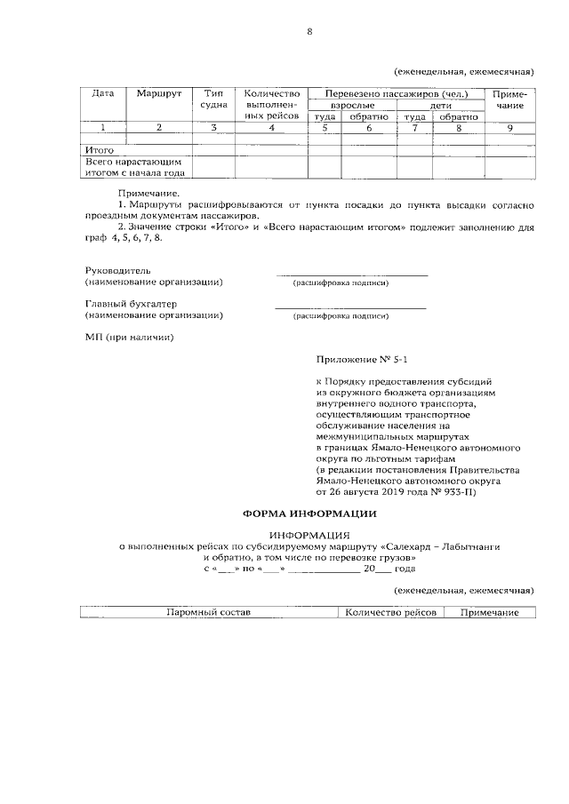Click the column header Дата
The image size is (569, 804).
[x=104, y=93]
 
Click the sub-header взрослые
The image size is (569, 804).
[x=352, y=105]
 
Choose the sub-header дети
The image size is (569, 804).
[x=441, y=105]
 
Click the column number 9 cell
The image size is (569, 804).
[x=509, y=128]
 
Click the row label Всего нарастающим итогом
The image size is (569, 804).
[x=133, y=168]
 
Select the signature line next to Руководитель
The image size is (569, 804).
[x=352, y=274]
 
